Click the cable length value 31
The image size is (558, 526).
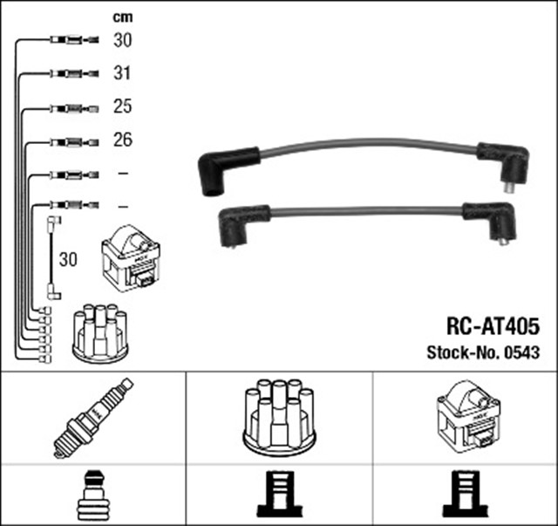tap(123, 73)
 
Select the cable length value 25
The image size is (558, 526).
tap(123, 106)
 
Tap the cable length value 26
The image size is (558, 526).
tap(123, 140)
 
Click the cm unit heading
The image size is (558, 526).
tap(123, 17)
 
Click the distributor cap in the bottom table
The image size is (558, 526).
tap(278, 417)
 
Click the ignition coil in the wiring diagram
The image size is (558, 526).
tap(131, 257)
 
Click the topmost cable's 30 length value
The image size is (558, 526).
tap(123, 40)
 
